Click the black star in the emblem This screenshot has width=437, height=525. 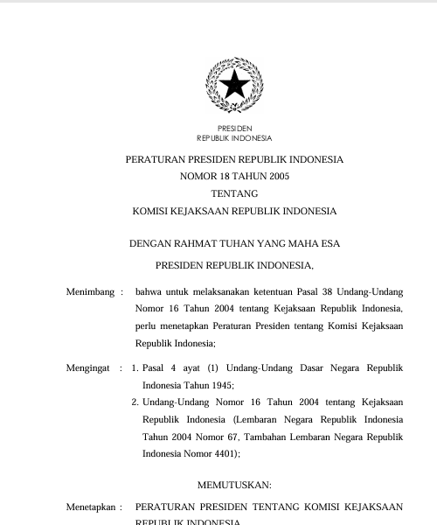pos(234,85)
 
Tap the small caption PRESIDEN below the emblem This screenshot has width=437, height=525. pos(234,129)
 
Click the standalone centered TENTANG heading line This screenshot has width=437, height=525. pos(234,193)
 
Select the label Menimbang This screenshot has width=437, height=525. pos(90,291)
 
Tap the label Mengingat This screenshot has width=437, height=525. pos(88,368)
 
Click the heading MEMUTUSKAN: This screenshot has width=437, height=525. pos(234,485)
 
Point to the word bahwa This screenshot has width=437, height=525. pos(149,291)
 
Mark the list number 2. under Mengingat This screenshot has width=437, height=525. pos(135,402)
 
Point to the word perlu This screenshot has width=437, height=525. pos(146,325)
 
